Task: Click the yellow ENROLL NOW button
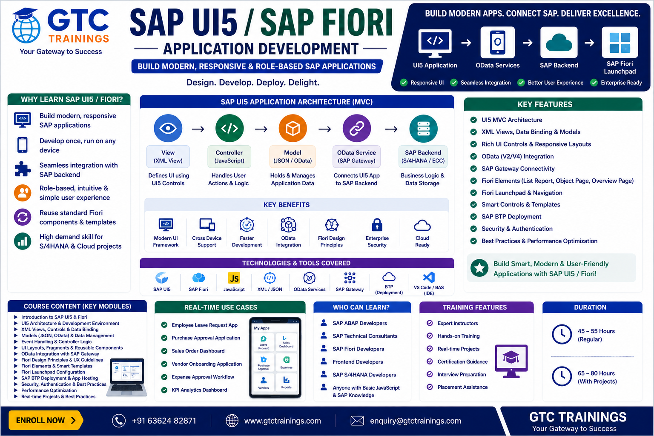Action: [x=46, y=420]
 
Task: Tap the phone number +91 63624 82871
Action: [x=164, y=421]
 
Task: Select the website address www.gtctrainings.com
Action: [x=282, y=421]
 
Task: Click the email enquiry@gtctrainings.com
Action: [x=416, y=421]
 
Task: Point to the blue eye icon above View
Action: [x=168, y=128]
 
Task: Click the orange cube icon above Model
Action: [x=293, y=128]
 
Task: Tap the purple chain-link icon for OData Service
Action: [x=356, y=128]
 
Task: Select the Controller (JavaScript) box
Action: [x=229, y=157]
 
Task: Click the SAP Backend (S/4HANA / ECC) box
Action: [x=423, y=157]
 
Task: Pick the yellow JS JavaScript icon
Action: [x=234, y=278]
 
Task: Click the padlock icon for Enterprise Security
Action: [x=377, y=225]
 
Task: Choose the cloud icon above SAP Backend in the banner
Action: [x=559, y=43]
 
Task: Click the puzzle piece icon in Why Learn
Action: [x=23, y=169]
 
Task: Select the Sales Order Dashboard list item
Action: [x=198, y=351]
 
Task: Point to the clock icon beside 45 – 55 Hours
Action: [x=562, y=334]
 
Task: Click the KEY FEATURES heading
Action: [x=545, y=104]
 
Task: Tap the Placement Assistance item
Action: [x=462, y=387]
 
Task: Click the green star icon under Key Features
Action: [x=479, y=268]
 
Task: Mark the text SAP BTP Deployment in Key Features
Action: [x=511, y=217]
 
